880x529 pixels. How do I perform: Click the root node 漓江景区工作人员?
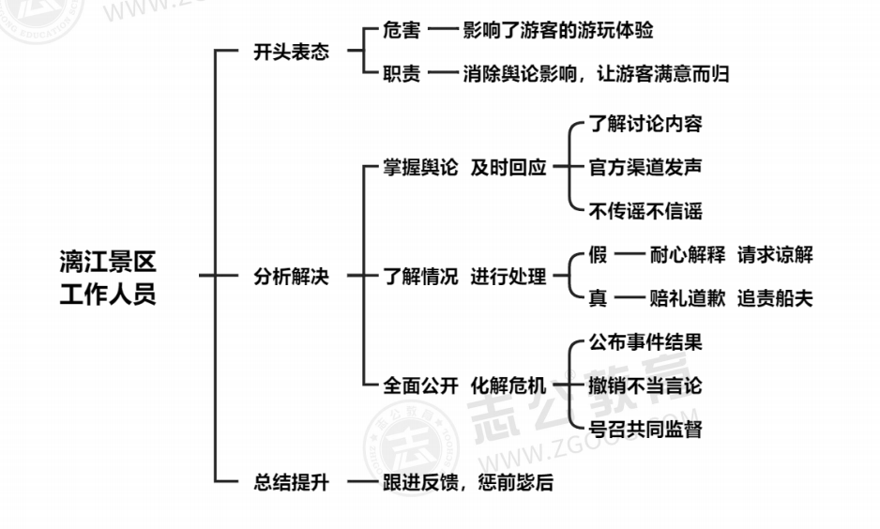tap(107, 277)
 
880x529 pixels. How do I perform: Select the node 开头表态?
tap(291, 53)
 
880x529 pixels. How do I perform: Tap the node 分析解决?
tap(291, 277)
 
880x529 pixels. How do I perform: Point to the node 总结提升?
tap(291, 483)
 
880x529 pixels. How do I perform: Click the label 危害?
tap(401, 30)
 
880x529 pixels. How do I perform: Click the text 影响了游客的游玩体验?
tap(557, 30)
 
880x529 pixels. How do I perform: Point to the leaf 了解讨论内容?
tap(645, 124)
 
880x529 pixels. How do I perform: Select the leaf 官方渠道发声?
tap(645, 168)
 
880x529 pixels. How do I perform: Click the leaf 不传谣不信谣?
tap(645, 211)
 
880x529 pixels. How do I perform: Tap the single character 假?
tap(598, 254)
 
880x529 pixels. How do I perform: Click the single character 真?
tap(598, 299)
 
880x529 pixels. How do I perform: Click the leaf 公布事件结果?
tap(645, 342)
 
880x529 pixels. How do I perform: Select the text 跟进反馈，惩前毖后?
tap(468, 483)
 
